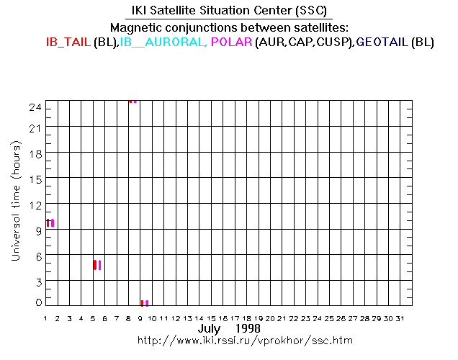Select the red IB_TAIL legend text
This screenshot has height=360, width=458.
click(68, 42)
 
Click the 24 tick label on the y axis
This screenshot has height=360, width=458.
click(33, 107)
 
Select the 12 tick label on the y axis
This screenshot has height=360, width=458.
click(33, 204)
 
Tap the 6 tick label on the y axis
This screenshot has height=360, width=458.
click(36, 255)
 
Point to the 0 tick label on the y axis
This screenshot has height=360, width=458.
click(36, 303)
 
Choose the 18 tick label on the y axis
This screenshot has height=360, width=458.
click(33, 154)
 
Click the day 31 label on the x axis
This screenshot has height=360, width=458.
click(400, 318)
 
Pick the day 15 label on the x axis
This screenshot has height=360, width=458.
click(212, 318)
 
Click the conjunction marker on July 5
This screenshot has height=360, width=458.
click(96, 265)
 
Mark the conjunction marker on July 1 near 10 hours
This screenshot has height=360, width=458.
click(50, 223)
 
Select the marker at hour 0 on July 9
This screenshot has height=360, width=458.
click(144, 303)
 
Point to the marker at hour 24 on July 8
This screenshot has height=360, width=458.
click(133, 102)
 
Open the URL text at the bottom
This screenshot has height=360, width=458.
click(246, 340)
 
